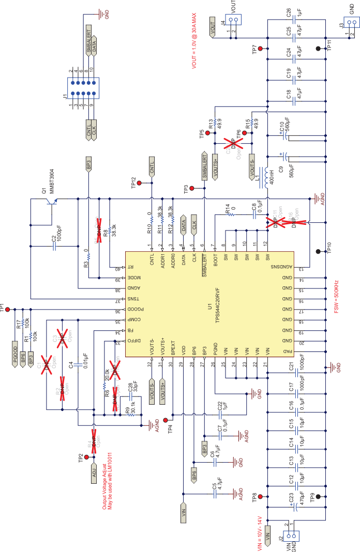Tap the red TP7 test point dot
click(260, 49)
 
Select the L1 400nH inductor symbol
click(267, 175)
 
